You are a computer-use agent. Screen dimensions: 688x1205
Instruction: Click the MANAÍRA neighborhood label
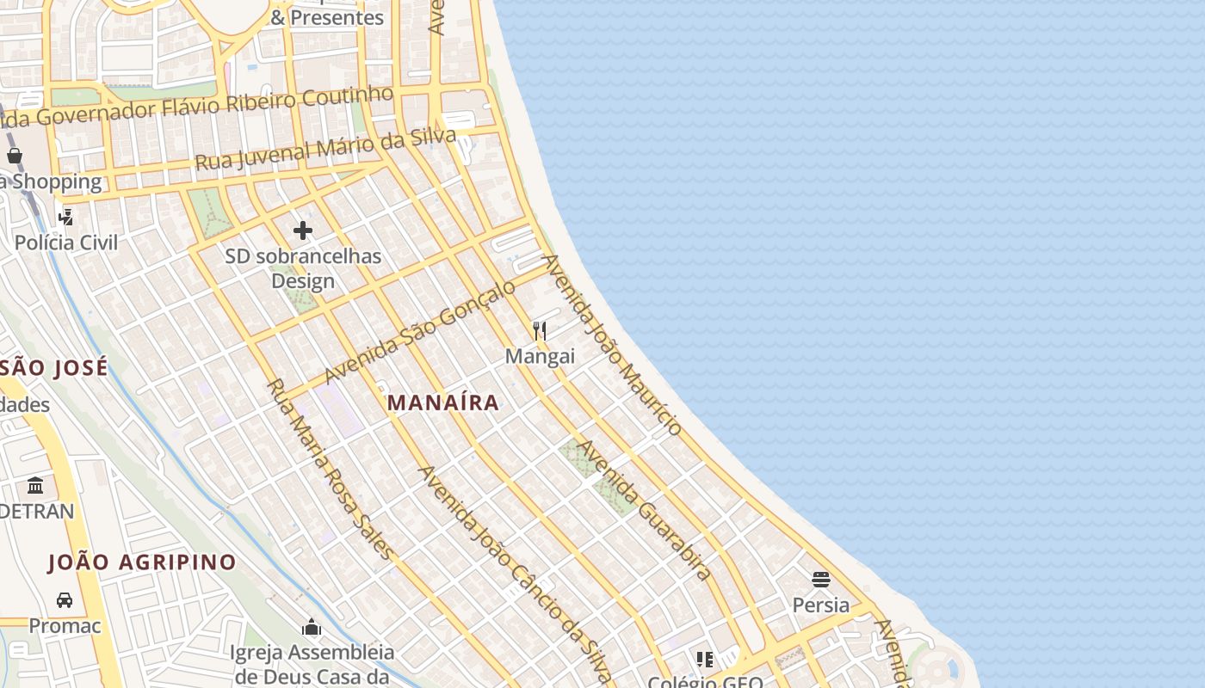pos(442,402)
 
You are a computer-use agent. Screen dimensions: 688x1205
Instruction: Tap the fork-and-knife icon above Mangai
pos(540,330)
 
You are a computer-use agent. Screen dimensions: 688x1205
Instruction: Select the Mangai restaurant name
pos(540,356)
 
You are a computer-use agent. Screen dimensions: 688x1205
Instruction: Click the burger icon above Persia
pos(820,579)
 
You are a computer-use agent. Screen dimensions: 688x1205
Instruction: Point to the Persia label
pos(820,605)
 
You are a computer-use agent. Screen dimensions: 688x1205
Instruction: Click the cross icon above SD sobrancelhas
pos(303,230)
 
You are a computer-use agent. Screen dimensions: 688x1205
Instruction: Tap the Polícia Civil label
pos(66,243)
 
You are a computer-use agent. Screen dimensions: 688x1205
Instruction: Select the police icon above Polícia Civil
pos(66,217)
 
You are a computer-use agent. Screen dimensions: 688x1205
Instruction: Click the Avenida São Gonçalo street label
pos(419,331)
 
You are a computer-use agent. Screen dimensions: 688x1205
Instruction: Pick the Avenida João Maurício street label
pos(612,344)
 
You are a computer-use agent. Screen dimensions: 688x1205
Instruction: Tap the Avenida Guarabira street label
pos(644,510)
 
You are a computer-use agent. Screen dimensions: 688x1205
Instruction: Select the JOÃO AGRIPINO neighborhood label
pos(142,562)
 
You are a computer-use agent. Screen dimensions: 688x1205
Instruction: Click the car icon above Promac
pos(65,599)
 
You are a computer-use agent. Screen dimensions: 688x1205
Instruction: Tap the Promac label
pos(65,625)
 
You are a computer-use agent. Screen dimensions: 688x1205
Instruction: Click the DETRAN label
pos(36,512)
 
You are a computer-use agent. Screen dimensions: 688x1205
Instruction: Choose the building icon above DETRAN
pos(35,486)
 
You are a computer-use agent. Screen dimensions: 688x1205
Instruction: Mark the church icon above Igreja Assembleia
pos(312,628)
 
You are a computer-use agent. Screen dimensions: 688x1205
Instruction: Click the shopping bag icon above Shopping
pos(15,156)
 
